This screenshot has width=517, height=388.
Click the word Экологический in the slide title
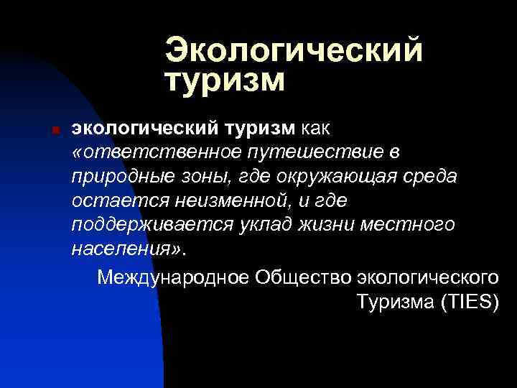point(293,50)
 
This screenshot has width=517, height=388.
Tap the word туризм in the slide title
point(225,80)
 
